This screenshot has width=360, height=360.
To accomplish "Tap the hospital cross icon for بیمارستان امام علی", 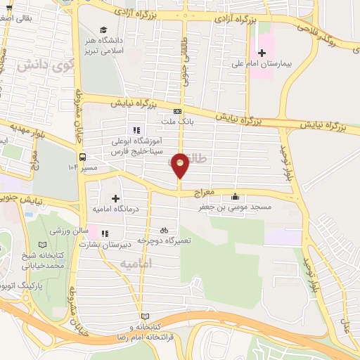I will (x=262, y=53).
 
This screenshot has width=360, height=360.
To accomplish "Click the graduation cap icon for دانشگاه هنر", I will (x=103, y=30).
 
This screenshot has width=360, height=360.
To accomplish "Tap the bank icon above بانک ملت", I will (x=177, y=111).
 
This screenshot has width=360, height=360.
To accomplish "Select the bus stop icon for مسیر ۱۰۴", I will (x=83, y=157).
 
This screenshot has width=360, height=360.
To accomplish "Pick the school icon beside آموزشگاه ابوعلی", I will (x=136, y=129).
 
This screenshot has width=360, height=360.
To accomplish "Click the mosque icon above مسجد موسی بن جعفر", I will (x=234, y=197).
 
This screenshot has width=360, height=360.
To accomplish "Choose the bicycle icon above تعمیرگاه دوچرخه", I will (x=164, y=230).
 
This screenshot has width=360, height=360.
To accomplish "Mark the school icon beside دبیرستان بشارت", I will (x=105, y=233).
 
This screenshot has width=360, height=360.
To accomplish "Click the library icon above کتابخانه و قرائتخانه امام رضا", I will (x=146, y=316).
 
